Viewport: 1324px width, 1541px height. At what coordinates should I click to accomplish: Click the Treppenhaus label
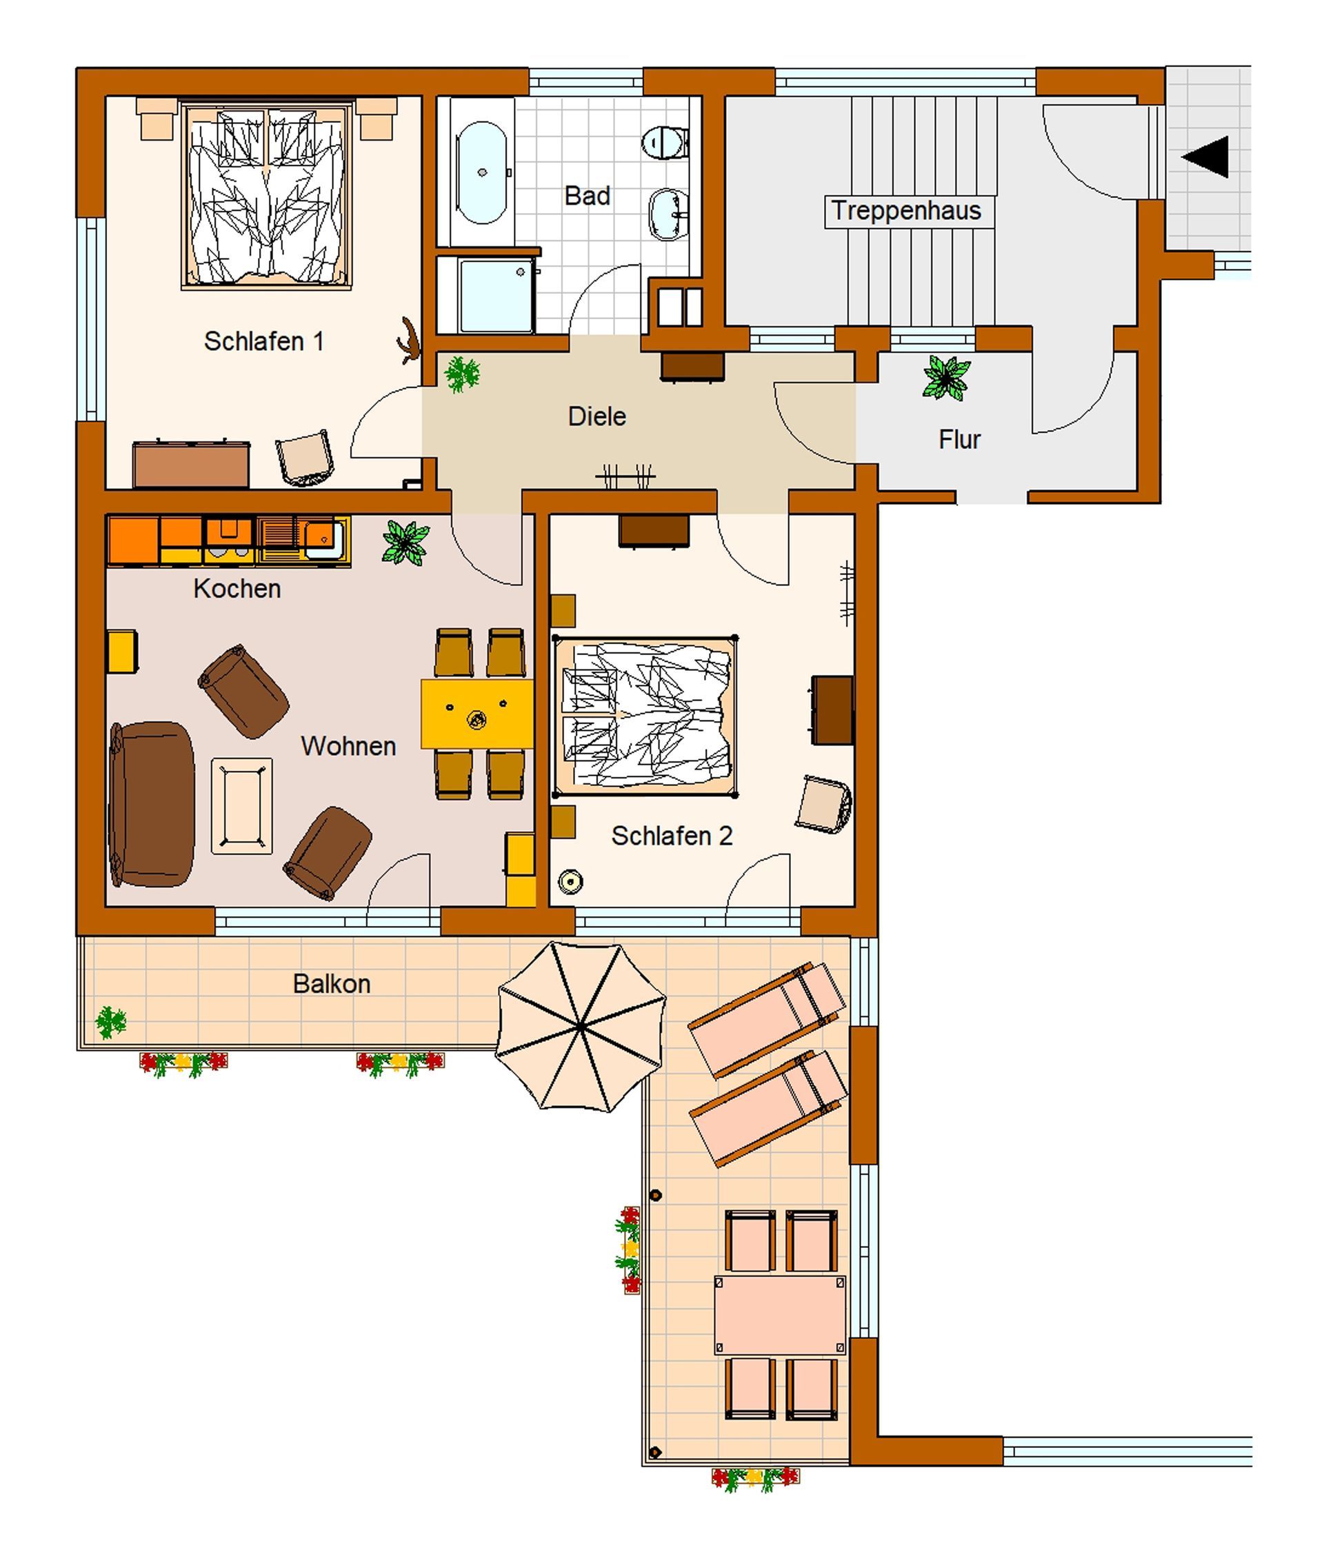906,210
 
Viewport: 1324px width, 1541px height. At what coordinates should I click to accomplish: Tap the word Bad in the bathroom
587,197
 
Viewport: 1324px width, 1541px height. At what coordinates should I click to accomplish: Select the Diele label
596,416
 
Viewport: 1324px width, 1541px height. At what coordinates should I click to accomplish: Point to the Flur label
959,439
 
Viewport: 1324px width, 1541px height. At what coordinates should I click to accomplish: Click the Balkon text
332,984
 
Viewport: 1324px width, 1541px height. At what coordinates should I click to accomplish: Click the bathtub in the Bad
481,172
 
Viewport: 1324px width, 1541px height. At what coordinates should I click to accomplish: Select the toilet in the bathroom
665,141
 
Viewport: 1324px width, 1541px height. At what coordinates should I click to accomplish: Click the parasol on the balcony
581,1027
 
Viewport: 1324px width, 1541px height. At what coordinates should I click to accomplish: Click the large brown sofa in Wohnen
152,804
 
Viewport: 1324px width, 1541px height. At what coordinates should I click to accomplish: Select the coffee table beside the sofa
242,805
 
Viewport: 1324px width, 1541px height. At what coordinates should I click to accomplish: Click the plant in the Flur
945,378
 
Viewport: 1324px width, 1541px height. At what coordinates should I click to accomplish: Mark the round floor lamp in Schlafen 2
570,882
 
